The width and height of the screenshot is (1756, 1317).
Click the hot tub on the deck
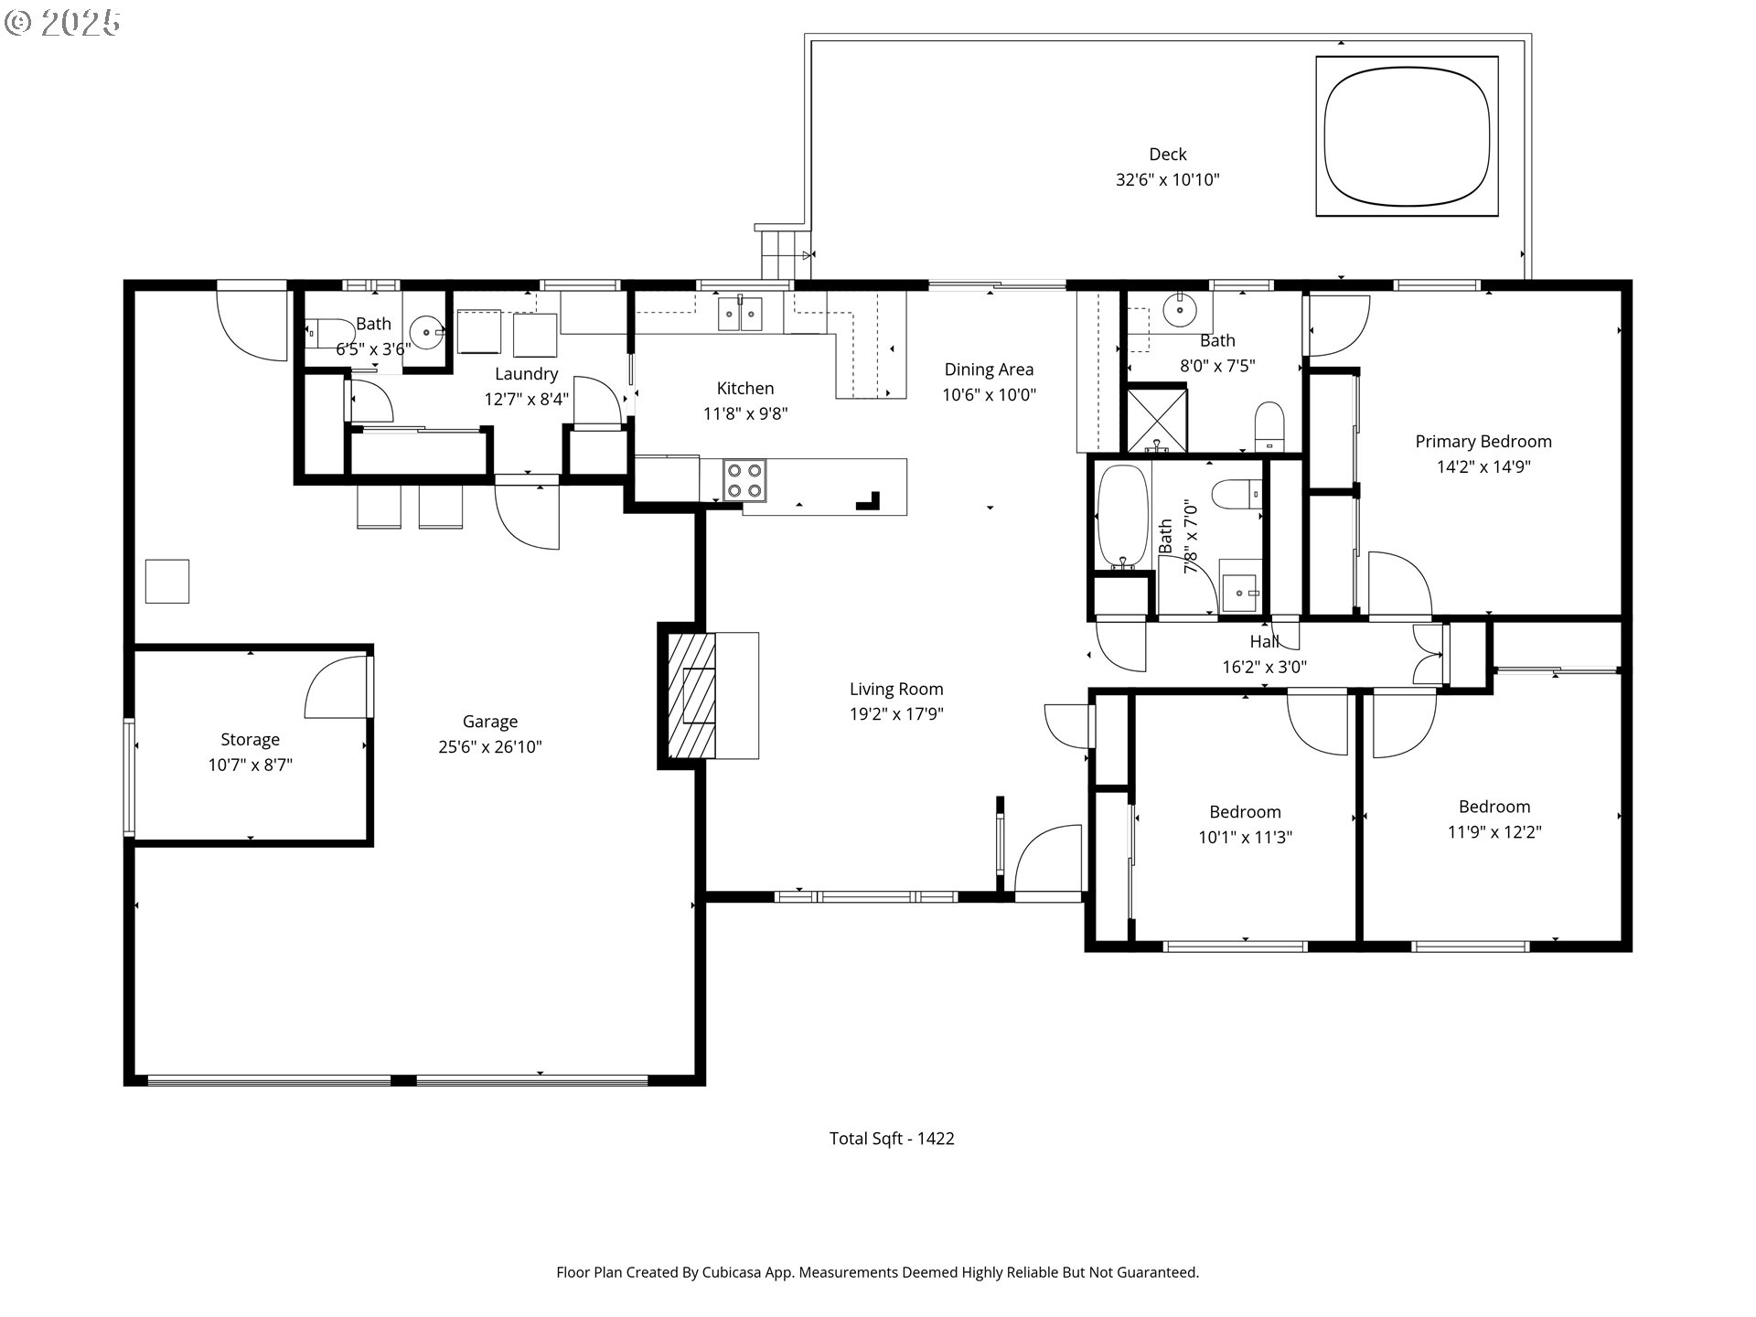pyautogui.click(x=1407, y=136)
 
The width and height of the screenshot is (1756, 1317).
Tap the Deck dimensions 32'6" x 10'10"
pyautogui.click(x=1167, y=180)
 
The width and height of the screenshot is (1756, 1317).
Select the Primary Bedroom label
pyautogui.click(x=1483, y=442)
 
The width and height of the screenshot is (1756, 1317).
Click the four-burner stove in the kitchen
pyautogui.click(x=744, y=481)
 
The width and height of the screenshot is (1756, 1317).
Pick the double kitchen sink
pyautogui.click(x=740, y=314)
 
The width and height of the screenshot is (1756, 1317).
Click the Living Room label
pyautogui.click(x=895, y=690)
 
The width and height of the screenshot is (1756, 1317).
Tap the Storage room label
pyautogui.click(x=250, y=740)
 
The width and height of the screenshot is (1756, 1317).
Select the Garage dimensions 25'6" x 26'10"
pyautogui.click(x=489, y=747)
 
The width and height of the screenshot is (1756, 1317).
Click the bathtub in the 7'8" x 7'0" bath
pyautogui.click(x=1121, y=516)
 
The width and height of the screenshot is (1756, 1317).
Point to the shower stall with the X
pyautogui.click(x=1157, y=420)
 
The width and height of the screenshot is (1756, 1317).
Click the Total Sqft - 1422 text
pyautogui.click(x=891, y=1139)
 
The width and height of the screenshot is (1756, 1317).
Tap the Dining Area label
pyautogui.click(x=989, y=369)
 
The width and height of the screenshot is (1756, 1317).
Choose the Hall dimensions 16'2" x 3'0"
pyautogui.click(x=1264, y=668)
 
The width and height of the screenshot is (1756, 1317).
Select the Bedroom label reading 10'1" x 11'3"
pyautogui.click(x=1244, y=812)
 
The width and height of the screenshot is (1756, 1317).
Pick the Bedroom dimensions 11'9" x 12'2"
pyautogui.click(x=1494, y=832)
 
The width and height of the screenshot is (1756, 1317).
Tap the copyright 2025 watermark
pyautogui.click(x=62, y=23)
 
